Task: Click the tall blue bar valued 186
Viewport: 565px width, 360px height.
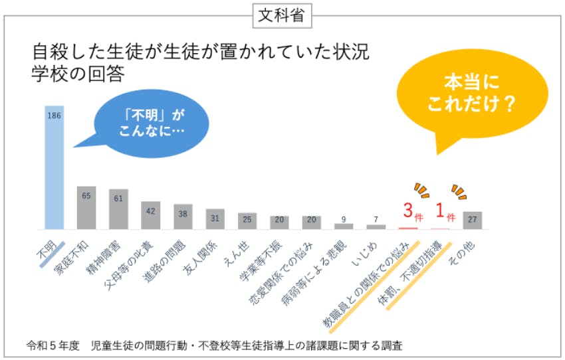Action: click(55, 167)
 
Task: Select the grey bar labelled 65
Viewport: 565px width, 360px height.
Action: click(86, 208)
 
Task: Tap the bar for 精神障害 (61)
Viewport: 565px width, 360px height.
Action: click(118, 209)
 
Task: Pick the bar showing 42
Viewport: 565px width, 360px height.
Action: click(151, 215)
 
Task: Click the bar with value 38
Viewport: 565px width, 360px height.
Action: click(183, 217)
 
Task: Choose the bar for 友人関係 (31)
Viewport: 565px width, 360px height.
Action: click(215, 219)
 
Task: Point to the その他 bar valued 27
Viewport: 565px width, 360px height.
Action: click(473, 221)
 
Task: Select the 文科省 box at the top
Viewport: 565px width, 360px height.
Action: click(282, 16)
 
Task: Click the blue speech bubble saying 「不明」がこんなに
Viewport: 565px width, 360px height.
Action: click(152, 122)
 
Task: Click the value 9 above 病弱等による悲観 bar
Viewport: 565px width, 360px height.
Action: click(344, 219)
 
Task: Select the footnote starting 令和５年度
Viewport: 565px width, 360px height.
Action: click(214, 345)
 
